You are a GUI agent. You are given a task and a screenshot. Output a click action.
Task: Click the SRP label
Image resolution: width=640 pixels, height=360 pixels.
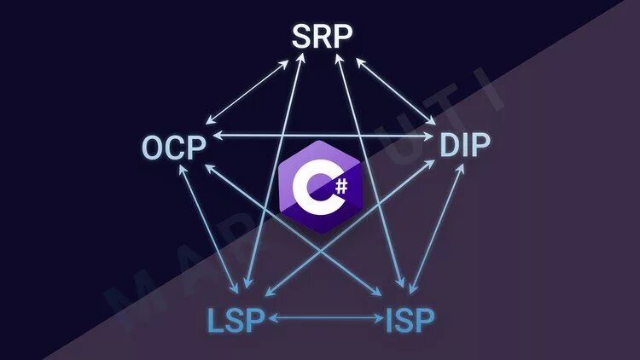click(322, 37)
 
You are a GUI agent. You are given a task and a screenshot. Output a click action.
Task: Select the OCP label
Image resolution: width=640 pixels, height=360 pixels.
click(174, 147)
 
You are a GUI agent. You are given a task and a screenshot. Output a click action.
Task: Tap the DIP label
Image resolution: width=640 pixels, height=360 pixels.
click(465, 146)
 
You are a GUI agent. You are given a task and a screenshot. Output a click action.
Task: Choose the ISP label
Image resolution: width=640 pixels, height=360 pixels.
click(410, 320)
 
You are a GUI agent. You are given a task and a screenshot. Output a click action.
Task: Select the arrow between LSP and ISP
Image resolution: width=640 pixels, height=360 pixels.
click(326, 319)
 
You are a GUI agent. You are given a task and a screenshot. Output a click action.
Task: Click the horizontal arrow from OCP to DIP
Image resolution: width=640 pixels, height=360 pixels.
click(324, 135)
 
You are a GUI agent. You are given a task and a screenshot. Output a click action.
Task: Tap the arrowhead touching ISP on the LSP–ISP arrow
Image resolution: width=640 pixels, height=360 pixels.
click(380, 319)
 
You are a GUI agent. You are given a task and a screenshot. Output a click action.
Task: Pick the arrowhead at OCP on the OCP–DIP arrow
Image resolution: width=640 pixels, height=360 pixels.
click(217, 135)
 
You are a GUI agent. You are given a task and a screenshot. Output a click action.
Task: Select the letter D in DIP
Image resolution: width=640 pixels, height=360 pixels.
click(450, 146)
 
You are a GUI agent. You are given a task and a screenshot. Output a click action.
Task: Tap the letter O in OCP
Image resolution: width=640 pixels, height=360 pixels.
click(154, 147)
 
